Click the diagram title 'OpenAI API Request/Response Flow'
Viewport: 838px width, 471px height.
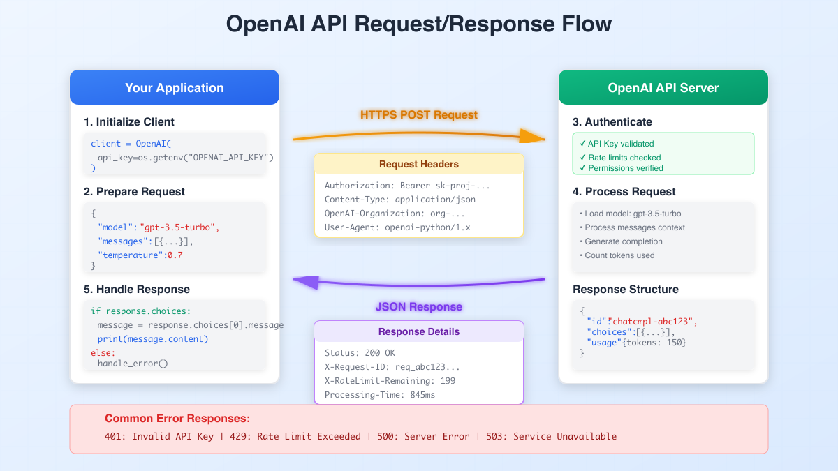click(x=419, y=24)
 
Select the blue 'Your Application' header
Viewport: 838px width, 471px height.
click(x=175, y=88)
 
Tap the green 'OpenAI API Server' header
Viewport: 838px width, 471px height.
click(x=663, y=88)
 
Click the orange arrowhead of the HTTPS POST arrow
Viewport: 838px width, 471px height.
click(x=535, y=135)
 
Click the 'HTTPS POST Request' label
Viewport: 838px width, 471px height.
click(x=419, y=114)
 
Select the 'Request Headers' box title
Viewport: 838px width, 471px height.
click(x=419, y=165)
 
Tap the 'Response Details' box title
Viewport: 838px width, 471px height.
click(x=419, y=331)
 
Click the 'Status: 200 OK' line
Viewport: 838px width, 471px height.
click(x=360, y=353)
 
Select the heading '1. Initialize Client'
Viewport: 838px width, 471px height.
click(x=128, y=122)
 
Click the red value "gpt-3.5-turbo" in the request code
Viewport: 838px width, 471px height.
click(x=179, y=227)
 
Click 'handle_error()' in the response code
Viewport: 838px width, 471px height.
click(x=133, y=363)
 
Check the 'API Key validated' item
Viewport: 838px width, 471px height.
click(x=620, y=144)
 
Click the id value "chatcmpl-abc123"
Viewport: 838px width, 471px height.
click(x=653, y=322)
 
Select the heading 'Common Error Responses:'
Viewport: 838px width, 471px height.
click(x=177, y=419)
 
